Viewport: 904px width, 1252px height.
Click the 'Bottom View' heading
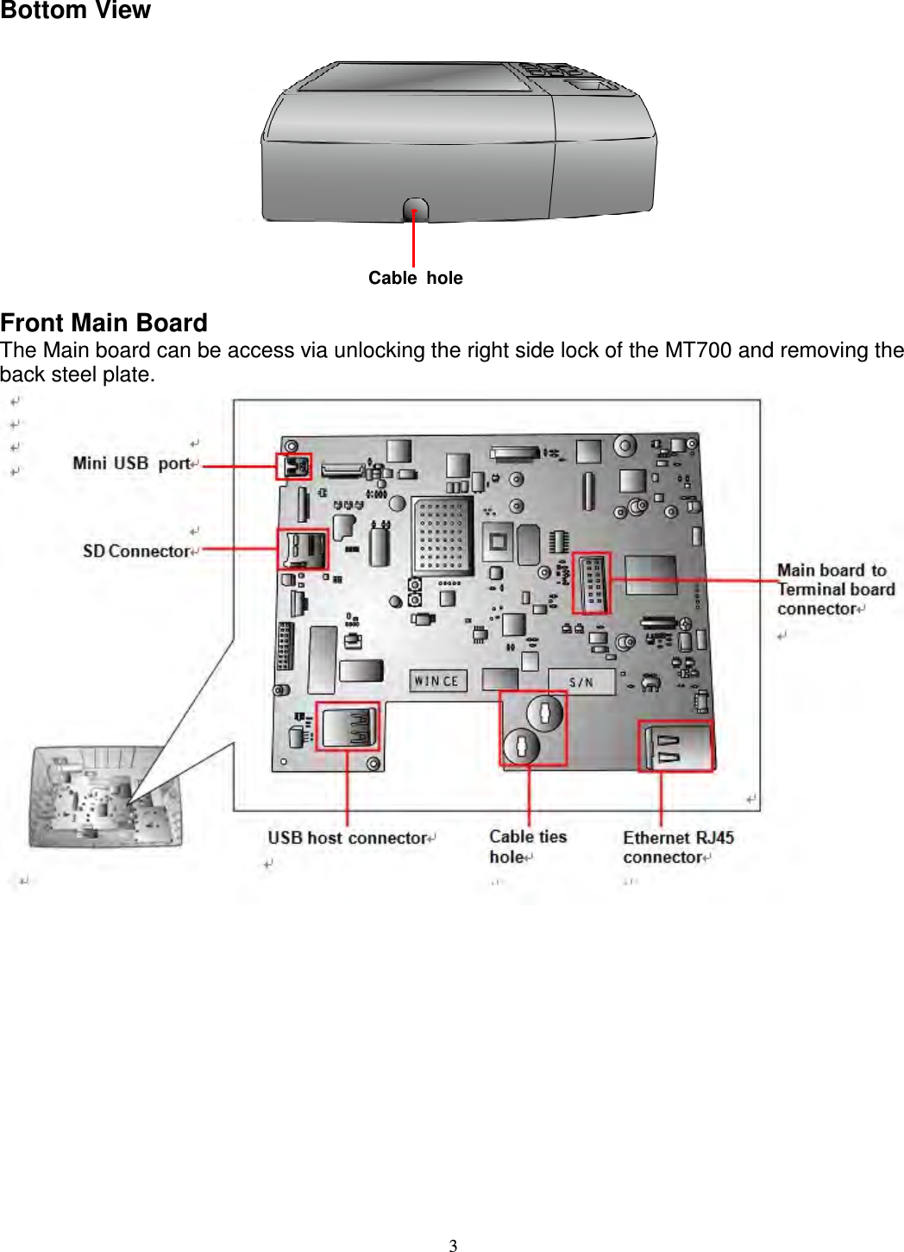(x=75, y=10)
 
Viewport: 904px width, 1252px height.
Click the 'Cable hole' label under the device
(x=415, y=278)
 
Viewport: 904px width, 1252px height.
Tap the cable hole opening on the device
(x=415, y=210)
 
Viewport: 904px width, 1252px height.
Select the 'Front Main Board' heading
(x=104, y=323)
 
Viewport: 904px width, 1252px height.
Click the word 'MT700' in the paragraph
(x=698, y=350)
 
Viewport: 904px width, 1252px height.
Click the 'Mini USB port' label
(x=131, y=463)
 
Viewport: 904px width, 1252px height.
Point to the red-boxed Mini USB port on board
(x=293, y=467)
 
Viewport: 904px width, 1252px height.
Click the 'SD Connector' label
(x=135, y=551)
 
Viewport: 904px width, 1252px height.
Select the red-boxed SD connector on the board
(x=303, y=549)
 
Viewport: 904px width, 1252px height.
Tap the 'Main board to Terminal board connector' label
(x=834, y=589)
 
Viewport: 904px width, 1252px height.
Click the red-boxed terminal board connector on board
(x=592, y=583)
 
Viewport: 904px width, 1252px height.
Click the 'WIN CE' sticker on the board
(x=436, y=681)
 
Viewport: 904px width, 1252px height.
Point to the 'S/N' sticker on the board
(x=581, y=682)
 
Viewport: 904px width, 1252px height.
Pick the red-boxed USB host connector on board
(x=347, y=726)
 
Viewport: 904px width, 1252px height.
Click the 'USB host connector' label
(x=347, y=838)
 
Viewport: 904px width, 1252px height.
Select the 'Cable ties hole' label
(x=527, y=846)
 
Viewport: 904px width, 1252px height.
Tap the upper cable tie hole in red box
(x=545, y=713)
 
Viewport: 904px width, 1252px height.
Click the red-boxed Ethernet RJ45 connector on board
(x=675, y=746)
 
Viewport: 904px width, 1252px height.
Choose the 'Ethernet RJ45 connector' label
(x=678, y=847)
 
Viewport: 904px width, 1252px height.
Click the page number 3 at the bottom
(x=453, y=1245)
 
